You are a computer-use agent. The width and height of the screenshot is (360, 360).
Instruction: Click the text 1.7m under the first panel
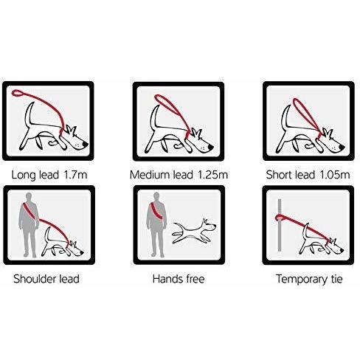pyautogui.click(x=75, y=175)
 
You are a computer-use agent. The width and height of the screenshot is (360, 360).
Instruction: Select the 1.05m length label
pyautogui.click(x=335, y=175)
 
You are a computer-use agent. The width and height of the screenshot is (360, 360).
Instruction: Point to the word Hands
pyautogui.click(x=166, y=279)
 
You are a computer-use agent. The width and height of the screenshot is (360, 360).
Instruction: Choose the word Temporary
pyautogui.click(x=301, y=280)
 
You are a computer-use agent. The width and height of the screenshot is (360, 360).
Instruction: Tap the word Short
pyautogui.click(x=279, y=175)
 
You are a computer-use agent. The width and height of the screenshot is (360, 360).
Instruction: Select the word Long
pyautogui.click(x=24, y=176)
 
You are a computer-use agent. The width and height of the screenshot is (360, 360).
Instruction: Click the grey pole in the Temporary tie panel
pyautogui.click(x=280, y=225)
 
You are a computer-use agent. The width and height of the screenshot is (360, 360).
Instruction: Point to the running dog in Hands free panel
pyautogui.click(x=194, y=231)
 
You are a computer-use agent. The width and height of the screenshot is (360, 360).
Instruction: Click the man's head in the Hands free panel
pyautogui.click(x=156, y=197)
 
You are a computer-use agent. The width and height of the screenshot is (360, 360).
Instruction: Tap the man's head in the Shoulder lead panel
pyautogui.click(x=29, y=198)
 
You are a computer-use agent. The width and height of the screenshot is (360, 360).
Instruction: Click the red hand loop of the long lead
pyautogui.click(x=18, y=93)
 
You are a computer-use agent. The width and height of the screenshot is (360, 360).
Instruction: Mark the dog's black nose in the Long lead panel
pyautogui.click(x=86, y=144)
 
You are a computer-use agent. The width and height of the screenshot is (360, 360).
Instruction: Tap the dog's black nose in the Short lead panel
pyautogui.click(x=342, y=147)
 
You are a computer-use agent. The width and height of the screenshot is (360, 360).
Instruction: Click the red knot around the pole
pyautogui.click(x=280, y=218)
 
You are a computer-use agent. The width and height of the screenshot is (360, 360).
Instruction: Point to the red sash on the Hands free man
pyautogui.click(x=157, y=211)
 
